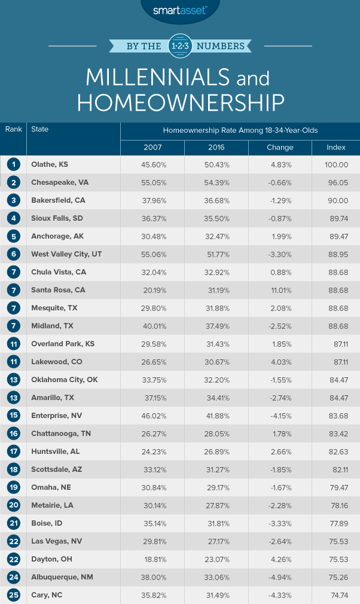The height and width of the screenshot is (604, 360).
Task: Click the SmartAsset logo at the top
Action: click(x=179, y=10)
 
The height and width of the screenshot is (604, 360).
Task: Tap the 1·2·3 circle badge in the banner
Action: click(x=179, y=45)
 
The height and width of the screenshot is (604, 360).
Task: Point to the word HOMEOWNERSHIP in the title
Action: click(x=180, y=102)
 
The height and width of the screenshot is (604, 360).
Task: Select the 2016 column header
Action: click(x=216, y=147)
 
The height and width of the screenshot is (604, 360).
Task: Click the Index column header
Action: click(x=335, y=147)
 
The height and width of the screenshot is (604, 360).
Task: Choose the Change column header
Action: click(x=279, y=147)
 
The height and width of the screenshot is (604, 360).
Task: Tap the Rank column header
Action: click(x=13, y=129)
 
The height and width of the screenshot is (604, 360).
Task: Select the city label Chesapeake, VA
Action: click(x=59, y=183)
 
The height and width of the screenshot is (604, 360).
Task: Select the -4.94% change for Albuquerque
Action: click(x=279, y=577)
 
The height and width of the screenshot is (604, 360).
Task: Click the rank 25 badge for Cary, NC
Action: click(x=13, y=595)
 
